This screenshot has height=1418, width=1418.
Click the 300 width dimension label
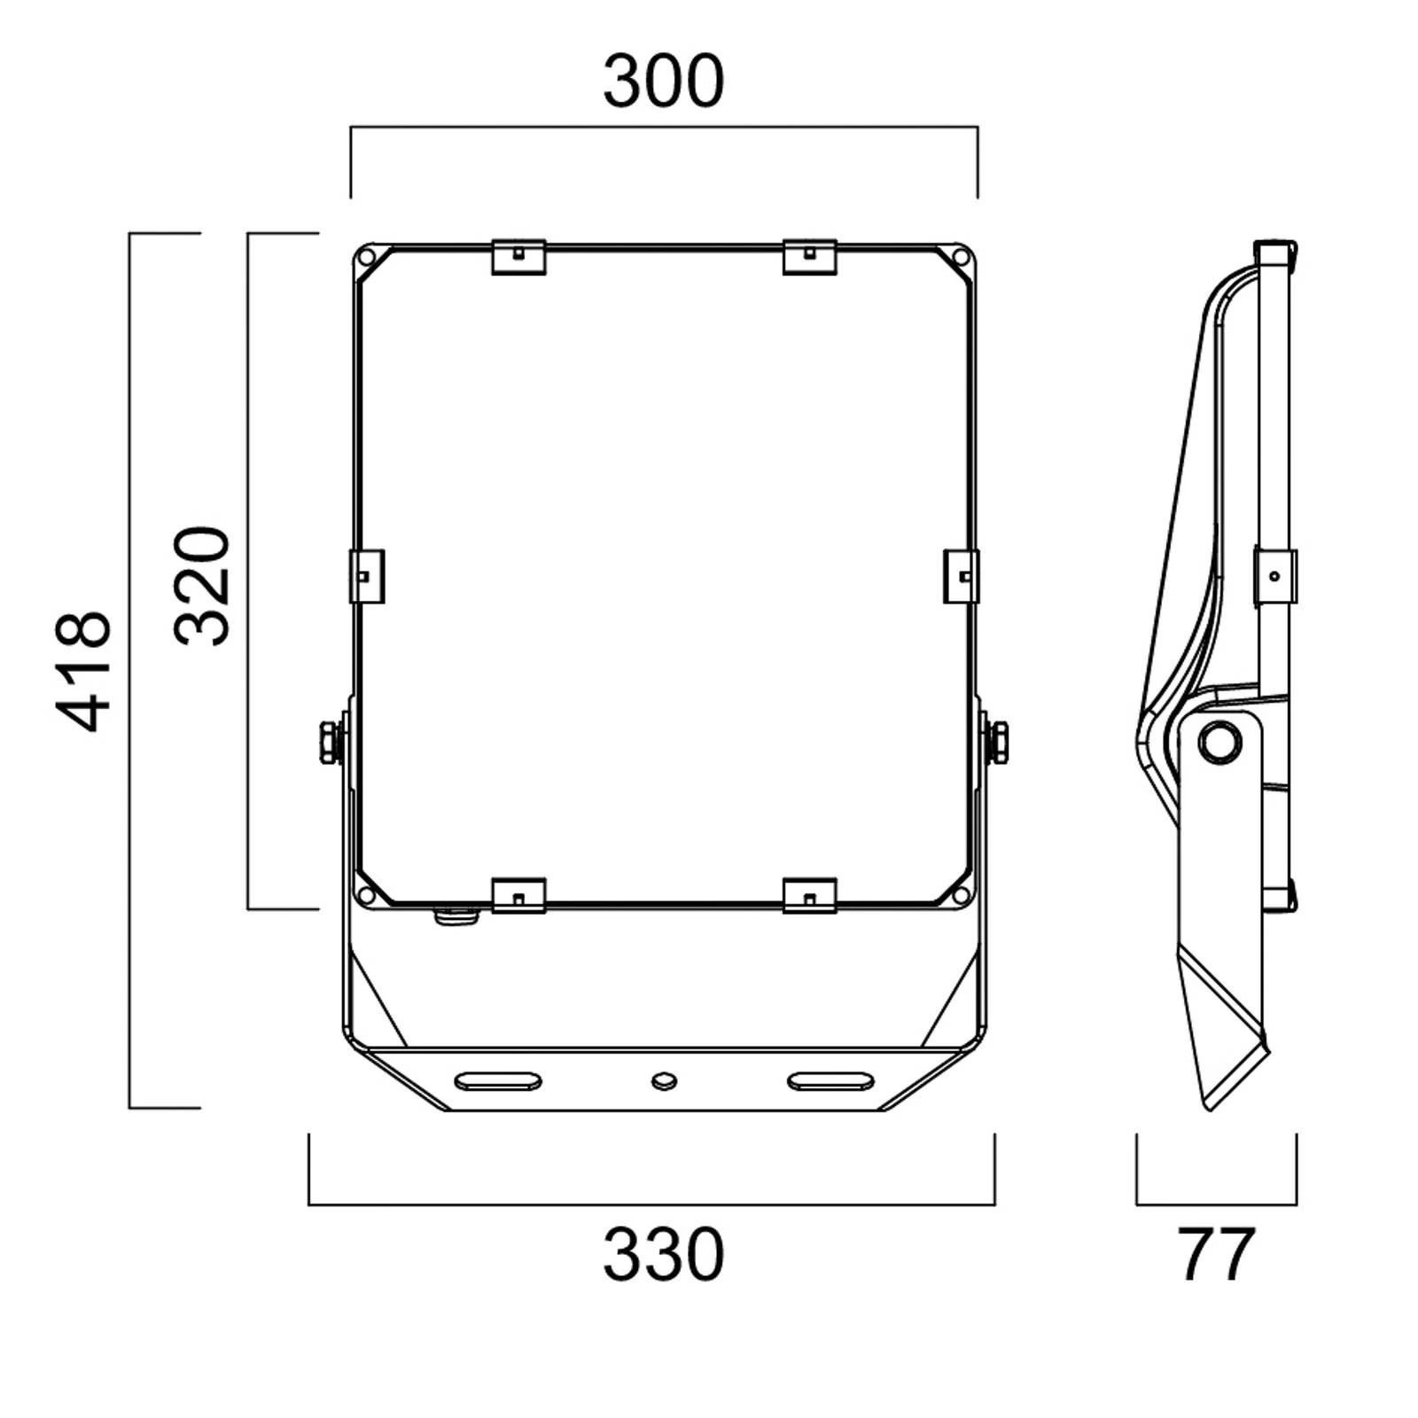click(x=664, y=82)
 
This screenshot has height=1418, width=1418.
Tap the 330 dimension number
click(x=664, y=1255)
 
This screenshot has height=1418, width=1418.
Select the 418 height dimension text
click(x=84, y=671)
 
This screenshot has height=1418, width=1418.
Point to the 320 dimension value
click(x=202, y=585)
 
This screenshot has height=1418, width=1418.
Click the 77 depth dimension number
click(x=1216, y=1255)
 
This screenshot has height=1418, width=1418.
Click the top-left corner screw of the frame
click(x=364, y=258)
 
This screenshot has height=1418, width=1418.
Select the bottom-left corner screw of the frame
click(x=364, y=896)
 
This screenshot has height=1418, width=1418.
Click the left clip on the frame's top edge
click(x=518, y=256)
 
